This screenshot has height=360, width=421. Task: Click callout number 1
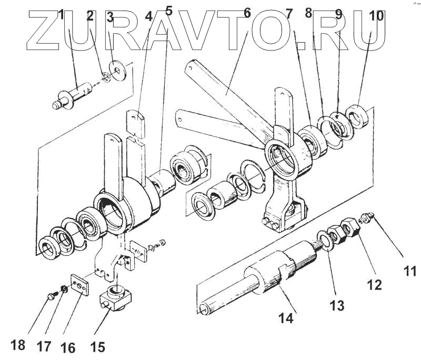(x=62, y=15)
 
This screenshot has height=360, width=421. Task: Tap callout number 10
(x=376, y=16)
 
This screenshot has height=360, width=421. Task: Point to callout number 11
(x=409, y=272)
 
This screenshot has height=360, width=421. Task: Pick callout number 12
(x=374, y=285)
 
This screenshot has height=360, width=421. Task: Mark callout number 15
(x=97, y=346)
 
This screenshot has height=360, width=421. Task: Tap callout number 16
(x=68, y=347)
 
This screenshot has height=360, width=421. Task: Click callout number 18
(x=17, y=345)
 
